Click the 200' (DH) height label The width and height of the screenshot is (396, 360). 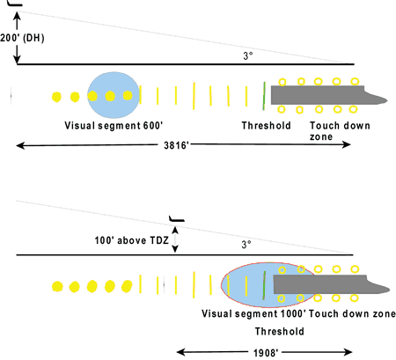pyautogui.click(x=22, y=38)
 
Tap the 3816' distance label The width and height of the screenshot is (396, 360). pyautogui.click(x=176, y=145)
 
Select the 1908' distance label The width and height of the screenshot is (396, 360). pyautogui.click(x=266, y=352)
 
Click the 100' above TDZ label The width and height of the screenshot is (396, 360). pyautogui.click(x=131, y=240)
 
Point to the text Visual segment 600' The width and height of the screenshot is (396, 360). pyautogui.click(x=114, y=126)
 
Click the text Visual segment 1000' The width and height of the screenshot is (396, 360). pyautogui.click(x=253, y=313)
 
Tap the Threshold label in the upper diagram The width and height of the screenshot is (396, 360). pyautogui.click(x=266, y=126)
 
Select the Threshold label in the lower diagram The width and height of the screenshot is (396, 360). pyautogui.click(x=279, y=331)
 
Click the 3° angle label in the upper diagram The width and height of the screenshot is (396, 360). pyautogui.click(x=248, y=55)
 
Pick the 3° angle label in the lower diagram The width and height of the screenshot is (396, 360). pyautogui.click(x=246, y=245)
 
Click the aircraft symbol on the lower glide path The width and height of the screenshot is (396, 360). pyautogui.click(x=176, y=219)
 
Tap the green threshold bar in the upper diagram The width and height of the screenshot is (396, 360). pyautogui.click(x=264, y=96)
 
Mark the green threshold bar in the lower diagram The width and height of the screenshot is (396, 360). pyautogui.click(x=264, y=285)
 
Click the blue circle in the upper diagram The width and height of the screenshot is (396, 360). pyautogui.click(x=114, y=95)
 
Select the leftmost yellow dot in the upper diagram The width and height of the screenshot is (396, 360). pyautogui.click(x=56, y=97)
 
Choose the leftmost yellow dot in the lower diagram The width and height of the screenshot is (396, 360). pyautogui.click(x=57, y=286)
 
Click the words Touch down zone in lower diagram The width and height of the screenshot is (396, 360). pyautogui.click(x=352, y=313)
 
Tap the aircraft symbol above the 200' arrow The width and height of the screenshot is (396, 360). pyautogui.click(x=15, y=4)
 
